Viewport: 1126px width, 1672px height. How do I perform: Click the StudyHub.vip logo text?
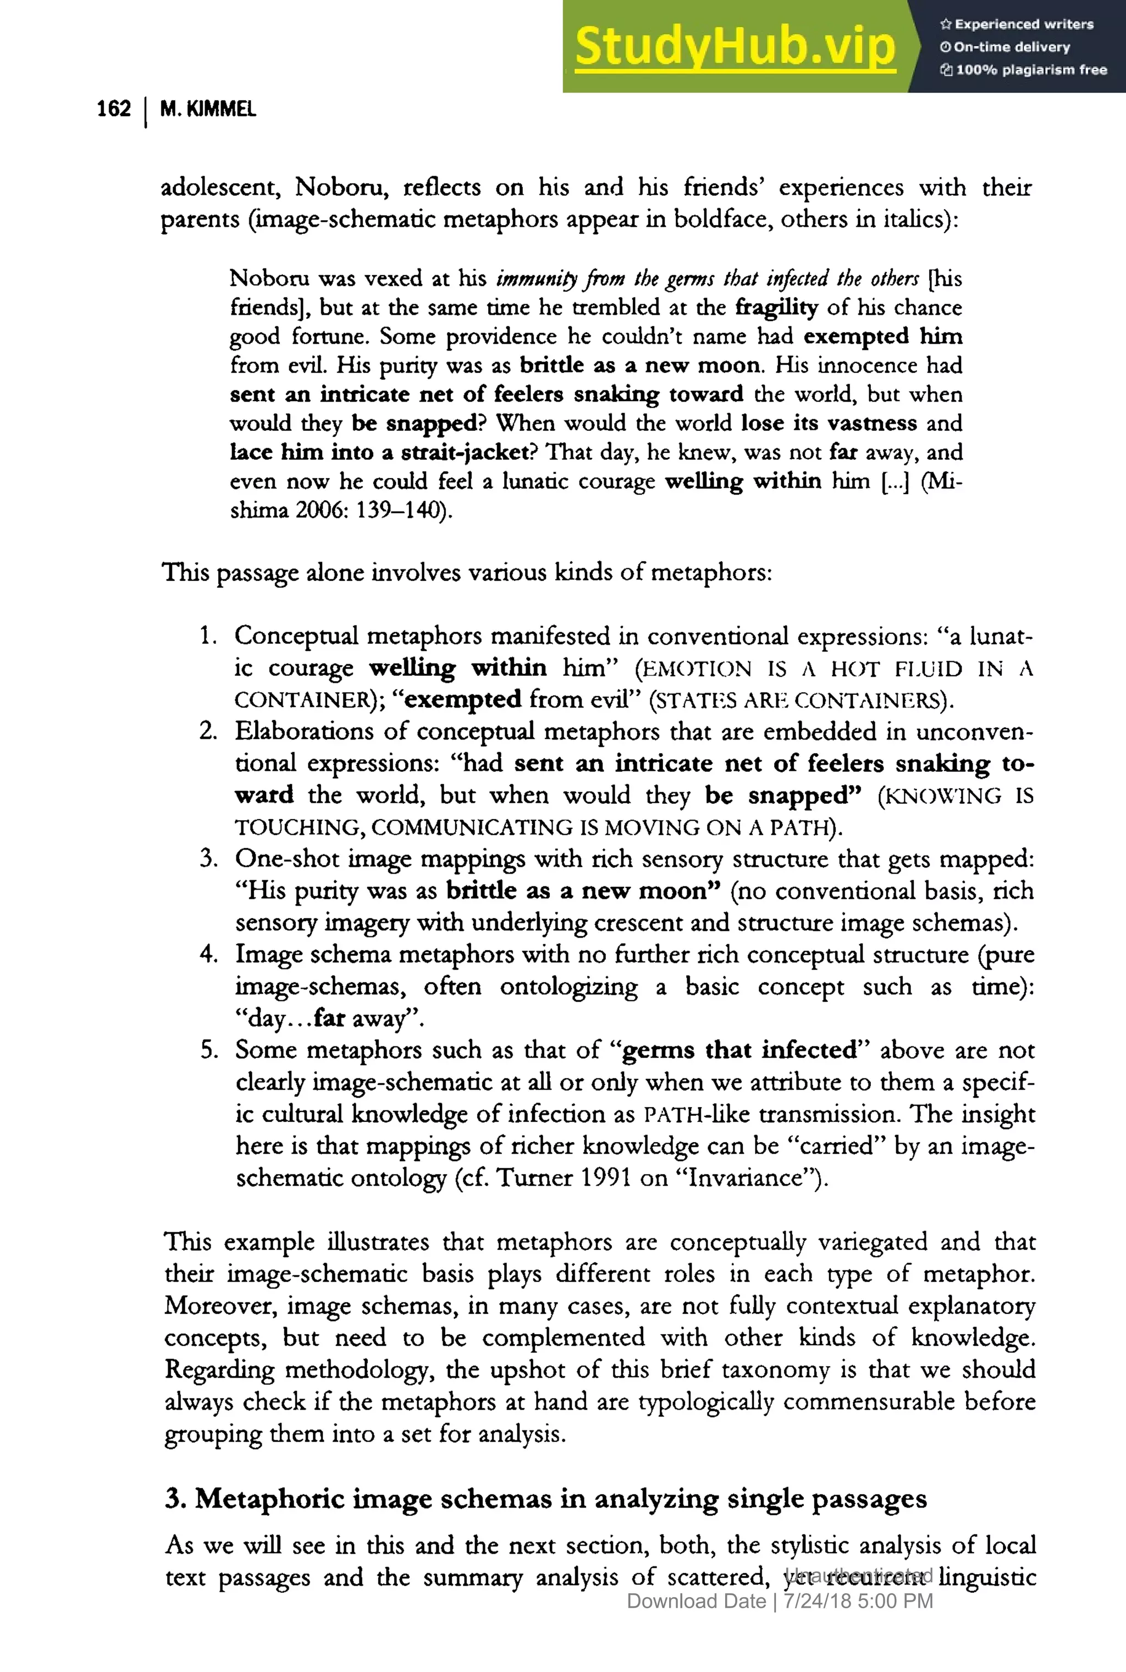click(735, 47)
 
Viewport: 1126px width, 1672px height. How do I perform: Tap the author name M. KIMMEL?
click(207, 109)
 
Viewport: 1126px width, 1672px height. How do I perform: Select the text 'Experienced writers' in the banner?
click(1023, 24)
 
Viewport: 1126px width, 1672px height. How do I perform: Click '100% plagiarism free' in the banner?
click(1030, 70)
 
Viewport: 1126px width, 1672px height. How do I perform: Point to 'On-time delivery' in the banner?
click(1011, 47)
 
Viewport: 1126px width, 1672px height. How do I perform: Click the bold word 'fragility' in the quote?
click(776, 308)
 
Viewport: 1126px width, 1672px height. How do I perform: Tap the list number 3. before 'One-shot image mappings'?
click(209, 859)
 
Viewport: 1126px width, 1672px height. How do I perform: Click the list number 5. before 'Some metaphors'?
click(209, 1050)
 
